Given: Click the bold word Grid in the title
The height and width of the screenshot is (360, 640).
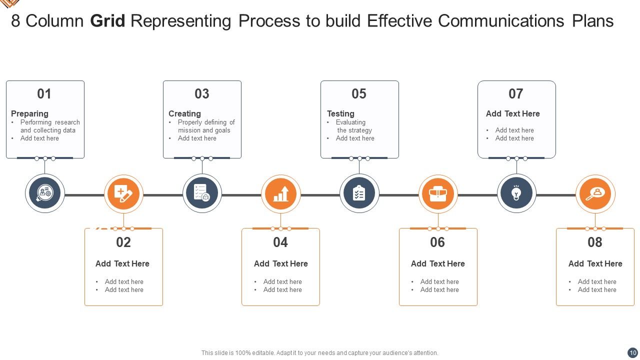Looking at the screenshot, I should tap(107, 21).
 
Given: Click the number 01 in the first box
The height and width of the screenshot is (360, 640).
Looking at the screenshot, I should tap(44, 94).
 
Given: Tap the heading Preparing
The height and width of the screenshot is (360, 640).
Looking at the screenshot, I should tap(29, 113).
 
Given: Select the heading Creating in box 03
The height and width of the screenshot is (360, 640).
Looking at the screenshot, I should tap(184, 113).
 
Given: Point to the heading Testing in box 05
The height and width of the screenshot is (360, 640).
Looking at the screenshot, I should tap(340, 113).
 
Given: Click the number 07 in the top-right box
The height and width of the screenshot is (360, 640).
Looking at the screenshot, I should tap(515, 94).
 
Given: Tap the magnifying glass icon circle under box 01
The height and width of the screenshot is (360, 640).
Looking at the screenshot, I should tap(45, 193).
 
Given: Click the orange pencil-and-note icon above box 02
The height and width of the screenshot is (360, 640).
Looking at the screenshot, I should tap(123, 193).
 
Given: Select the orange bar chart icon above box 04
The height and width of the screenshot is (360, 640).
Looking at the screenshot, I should tap(280, 193).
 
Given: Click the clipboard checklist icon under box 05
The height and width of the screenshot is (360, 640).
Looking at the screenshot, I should tap(359, 193).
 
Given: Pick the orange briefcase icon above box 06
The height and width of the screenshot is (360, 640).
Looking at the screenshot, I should tap(437, 193).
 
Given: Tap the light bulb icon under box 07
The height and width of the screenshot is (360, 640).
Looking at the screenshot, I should tap(516, 193).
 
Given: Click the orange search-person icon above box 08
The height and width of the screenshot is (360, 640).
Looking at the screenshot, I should tap(595, 193).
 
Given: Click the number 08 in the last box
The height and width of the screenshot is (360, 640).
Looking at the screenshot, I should tap(594, 242).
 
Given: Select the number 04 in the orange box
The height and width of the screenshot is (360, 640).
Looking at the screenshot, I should tap(280, 242).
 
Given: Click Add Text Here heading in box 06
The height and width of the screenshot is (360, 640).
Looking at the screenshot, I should tap(437, 263).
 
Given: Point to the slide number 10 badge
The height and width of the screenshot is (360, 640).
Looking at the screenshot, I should tap(632, 352).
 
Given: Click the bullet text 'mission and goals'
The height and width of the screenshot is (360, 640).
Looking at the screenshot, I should tap(204, 130).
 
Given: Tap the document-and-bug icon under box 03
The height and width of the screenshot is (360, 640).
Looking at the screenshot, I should tap(202, 193).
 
